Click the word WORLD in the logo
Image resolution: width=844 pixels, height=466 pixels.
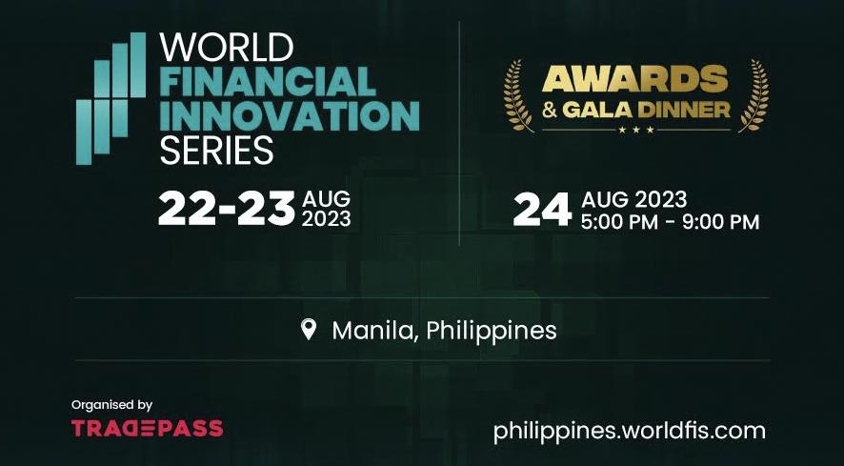[226, 48]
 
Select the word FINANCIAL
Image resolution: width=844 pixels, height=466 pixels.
[268, 82]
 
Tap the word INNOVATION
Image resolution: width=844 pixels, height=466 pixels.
[290, 116]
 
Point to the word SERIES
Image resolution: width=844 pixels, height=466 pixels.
[216, 150]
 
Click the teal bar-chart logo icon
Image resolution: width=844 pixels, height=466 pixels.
[111, 98]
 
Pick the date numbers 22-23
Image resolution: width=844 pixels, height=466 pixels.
[227, 209]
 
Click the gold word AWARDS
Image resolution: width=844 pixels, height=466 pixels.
[635, 79]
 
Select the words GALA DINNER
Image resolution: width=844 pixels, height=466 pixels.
[647, 110]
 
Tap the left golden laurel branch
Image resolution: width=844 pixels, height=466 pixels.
[518, 96]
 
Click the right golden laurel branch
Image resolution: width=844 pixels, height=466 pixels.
[754, 96]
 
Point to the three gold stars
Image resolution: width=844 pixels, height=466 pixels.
[636, 130]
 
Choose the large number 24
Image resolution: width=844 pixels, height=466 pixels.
[542, 210]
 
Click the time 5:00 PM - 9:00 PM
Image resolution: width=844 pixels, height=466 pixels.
[670, 222]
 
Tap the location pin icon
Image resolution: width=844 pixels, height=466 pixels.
[308, 329]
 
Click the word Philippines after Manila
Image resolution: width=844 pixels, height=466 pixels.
[492, 331]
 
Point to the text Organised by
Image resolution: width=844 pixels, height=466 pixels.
[112, 405]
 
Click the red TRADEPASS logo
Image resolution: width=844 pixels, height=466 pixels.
[148, 429]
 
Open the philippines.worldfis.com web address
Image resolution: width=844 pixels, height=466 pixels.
[630, 432]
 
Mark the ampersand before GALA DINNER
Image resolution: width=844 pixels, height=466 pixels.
[550, 110]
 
